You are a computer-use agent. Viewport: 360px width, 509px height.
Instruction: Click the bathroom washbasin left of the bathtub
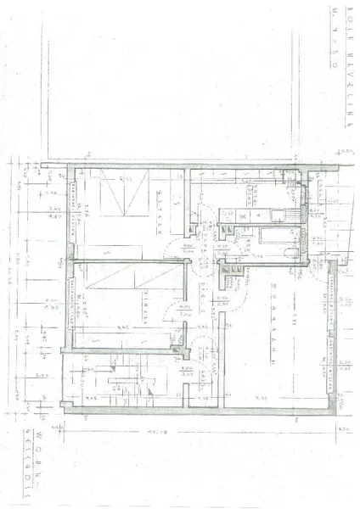[x=249, y=241]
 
